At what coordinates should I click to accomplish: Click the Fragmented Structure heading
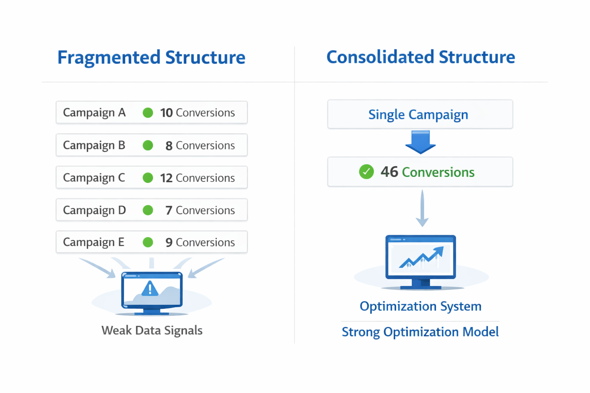(151, 58)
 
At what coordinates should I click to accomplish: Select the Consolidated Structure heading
(421, 57)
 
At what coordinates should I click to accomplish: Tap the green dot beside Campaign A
(148, 113)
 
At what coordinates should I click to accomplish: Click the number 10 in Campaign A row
(166, 113)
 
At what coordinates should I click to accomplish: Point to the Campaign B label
(94, 145)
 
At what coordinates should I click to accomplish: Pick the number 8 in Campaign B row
(169, 146)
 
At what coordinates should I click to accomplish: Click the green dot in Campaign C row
(148, 178)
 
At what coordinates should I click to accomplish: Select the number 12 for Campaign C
(166, 178)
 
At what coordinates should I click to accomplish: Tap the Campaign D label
(94, 210)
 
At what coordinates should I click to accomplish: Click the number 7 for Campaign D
(169, 210)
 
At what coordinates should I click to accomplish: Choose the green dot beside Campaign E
(148, 243)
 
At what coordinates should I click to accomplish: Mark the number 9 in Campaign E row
(169, 243)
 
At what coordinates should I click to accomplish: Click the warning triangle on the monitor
(150, 289)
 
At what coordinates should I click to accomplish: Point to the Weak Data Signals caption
(152, 330)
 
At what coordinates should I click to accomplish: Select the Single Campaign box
(420, 114)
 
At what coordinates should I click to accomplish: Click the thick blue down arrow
(421, 142)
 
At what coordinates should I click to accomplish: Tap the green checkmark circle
(366, 172)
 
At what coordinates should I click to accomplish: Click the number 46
(389, 172)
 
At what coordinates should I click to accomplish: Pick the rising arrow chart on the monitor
(422, 257)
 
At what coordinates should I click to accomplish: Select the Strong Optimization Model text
(420, 332)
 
